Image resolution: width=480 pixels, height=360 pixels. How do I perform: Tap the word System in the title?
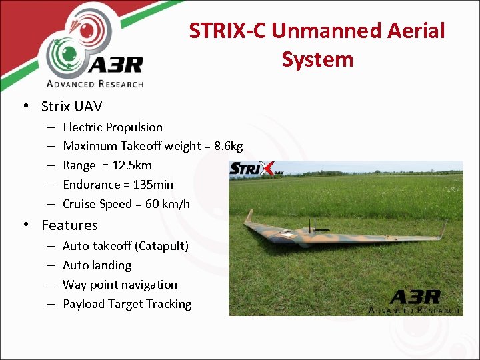(317, 59)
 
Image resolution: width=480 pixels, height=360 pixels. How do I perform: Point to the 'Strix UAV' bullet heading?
(71, 107)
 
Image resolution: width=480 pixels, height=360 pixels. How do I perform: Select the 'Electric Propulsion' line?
(112, 127)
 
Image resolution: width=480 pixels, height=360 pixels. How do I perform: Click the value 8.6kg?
(228, 146)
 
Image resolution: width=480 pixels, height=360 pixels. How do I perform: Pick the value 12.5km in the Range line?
(128, 165)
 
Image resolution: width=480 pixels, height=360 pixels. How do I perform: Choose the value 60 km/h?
(167, 204)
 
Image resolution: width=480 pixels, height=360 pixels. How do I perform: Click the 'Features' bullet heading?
(69, 225)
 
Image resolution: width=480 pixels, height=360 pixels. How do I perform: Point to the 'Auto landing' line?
(97, 265)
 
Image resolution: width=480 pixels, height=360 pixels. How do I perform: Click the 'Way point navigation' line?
(120, 285)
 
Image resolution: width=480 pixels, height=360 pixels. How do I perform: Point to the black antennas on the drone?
(313, 223)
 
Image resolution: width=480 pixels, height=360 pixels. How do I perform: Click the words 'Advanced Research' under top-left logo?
(95, 84)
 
